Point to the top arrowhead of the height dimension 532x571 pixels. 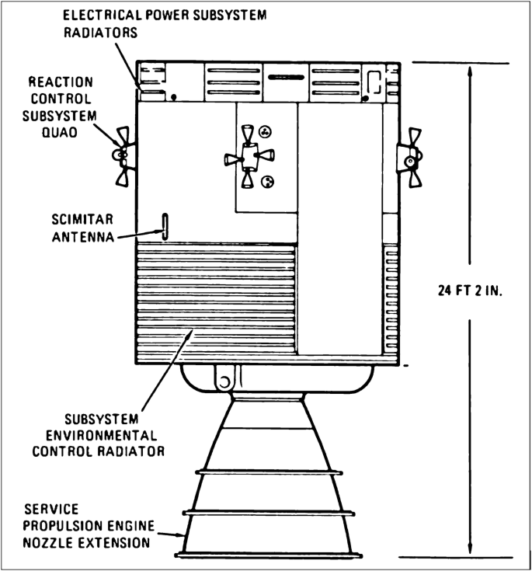(x=470, y=68)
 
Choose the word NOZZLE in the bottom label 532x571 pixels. (x=55, y=541)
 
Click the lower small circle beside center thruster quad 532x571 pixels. (x=269, y=183)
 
